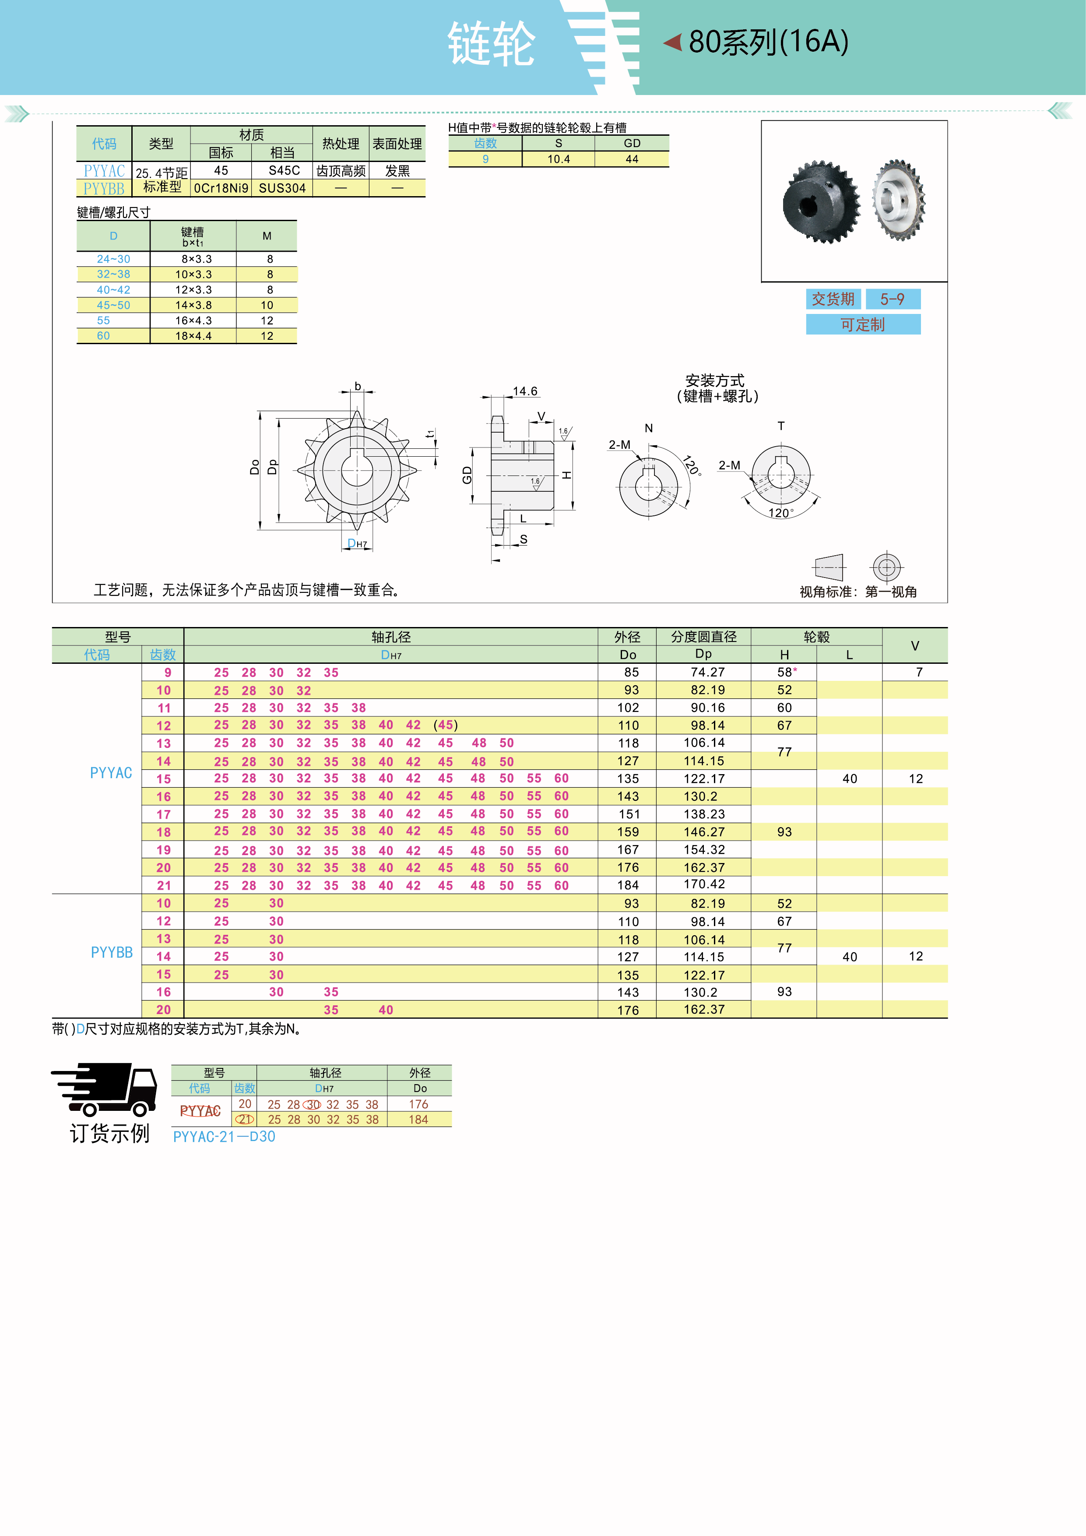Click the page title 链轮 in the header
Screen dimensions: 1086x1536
[492, 43]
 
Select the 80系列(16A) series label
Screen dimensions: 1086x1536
[768, 42]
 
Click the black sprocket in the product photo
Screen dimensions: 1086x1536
[821, 201]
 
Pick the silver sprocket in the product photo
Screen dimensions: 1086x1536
[899, 199]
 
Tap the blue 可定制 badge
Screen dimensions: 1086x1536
[863, 324]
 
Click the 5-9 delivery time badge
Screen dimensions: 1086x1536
[893, 299]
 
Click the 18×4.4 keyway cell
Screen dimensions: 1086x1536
[193, 336]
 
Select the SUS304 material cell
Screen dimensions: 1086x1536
[282, 188]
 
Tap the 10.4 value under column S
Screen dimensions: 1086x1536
[559, 159]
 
